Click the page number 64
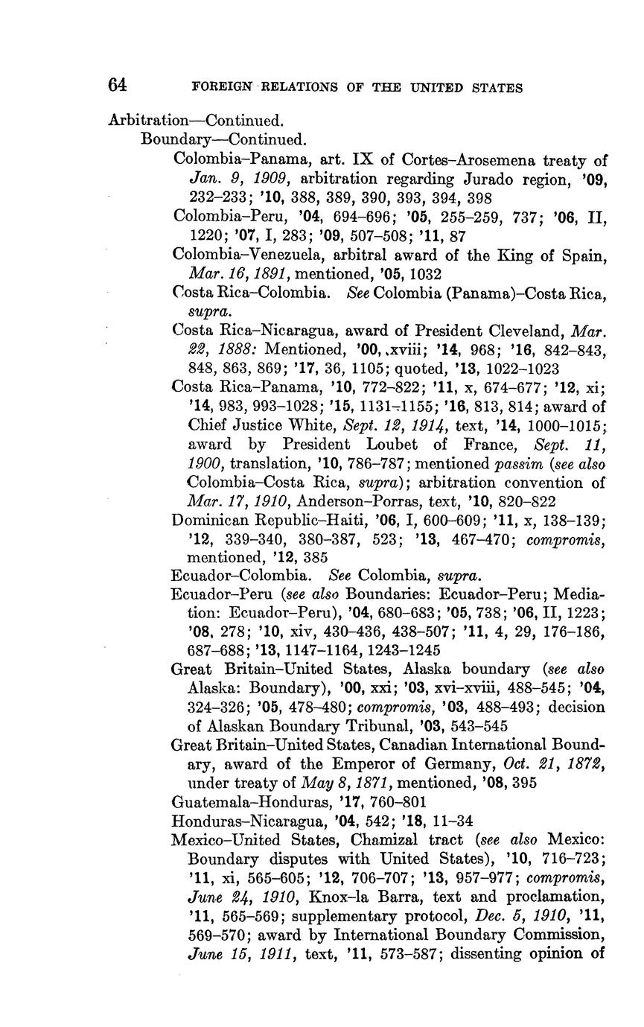[x=117, y=85]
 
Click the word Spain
[x=584, y=255]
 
